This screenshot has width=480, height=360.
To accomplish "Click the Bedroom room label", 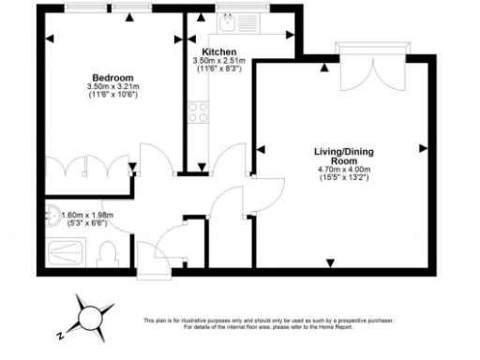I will (112, 77).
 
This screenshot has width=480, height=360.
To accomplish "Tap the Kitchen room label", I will (217, 52).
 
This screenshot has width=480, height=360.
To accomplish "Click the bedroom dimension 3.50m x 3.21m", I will (112, 87).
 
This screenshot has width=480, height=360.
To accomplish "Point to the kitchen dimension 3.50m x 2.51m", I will (217, 61).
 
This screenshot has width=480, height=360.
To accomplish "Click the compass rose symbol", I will (93, 315).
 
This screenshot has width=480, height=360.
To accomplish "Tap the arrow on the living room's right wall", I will (424, 148).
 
